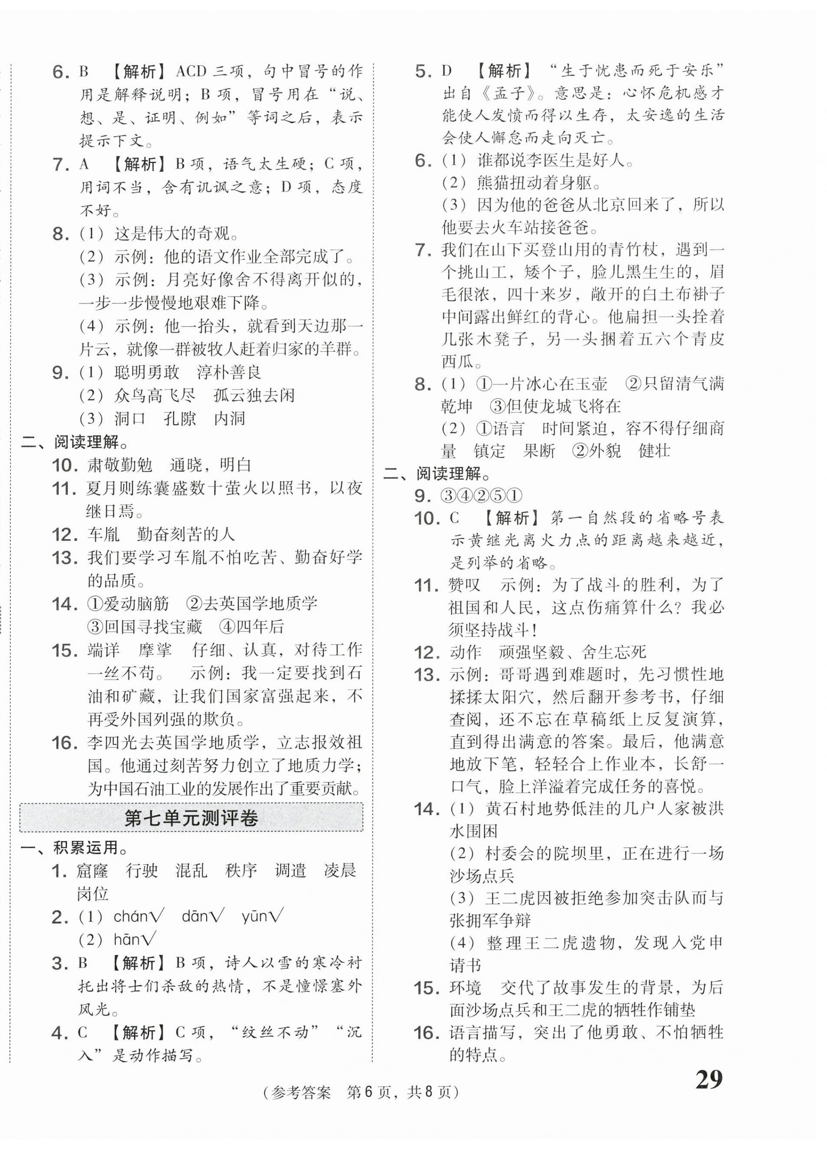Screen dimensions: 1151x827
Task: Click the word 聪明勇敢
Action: tap(147, 373)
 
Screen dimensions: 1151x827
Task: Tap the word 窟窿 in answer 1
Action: tap(92, 870)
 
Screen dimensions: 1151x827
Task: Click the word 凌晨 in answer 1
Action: tap(340, 870)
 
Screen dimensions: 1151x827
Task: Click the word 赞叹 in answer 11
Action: tap(464, 585)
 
